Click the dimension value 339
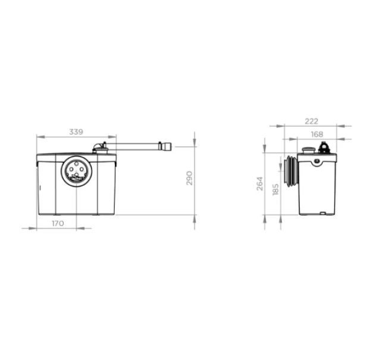point(76,132)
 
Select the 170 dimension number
point(58,223)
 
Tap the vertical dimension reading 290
point(190,178)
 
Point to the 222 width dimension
point(311,121)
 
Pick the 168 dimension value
point(316,134)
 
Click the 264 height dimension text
point(259,184)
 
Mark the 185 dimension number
point(275,190)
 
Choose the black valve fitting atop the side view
point(323,148)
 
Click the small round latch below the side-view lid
point(318,161)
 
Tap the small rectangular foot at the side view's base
point(322,213)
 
